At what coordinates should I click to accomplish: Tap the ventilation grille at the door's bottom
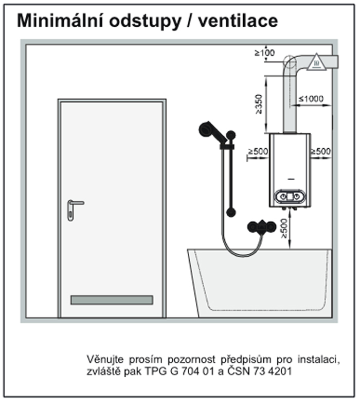pyautogui.click(x=112, y=300)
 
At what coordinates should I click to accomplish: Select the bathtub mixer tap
pyautogui.click(x=261, y=227)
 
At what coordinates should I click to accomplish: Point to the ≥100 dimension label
pyautogui.click(x=265, y=53)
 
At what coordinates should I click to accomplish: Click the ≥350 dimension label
pyautogui.click(x=259, y=104)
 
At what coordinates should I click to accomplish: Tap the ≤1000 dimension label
pyautogui.click(x=311, y=98)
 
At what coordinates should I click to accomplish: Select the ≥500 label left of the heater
pyautogui.click(x=258, y=151)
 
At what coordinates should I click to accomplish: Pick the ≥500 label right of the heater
pyautogui.click(x=321, y=151)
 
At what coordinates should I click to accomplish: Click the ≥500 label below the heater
pyautogui.click(x=283, y=229)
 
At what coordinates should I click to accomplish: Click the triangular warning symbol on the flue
pyautogui.click(x=317, y=62)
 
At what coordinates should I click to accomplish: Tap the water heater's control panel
pyautogui.click(x=290, y=197)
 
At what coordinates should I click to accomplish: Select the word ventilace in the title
pyautogui.click(x=238, y=21)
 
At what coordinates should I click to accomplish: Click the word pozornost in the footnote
pyautogui.click(x=192, y=359)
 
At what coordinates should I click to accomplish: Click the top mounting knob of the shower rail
pyautogui.click(x=231, y=135)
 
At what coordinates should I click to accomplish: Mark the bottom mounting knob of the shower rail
pyautogui.click(x=231, y=213)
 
